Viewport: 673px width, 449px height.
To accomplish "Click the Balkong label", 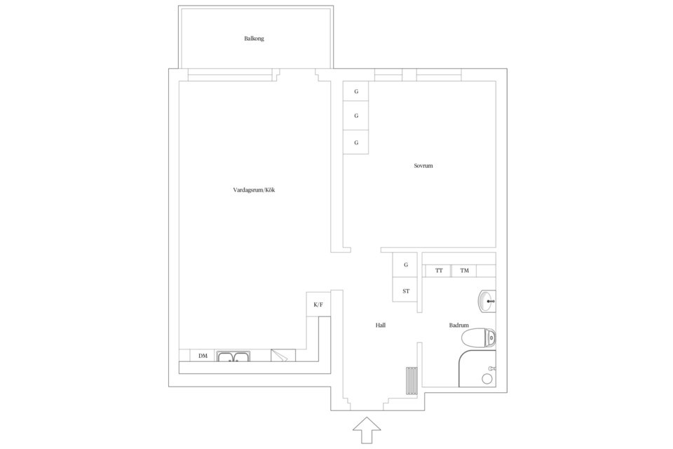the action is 254,39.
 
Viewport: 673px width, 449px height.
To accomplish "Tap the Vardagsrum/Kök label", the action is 254,190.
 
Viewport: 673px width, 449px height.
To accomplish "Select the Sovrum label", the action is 423,166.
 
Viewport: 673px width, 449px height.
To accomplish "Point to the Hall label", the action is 380,326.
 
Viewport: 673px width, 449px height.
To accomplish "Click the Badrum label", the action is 458,326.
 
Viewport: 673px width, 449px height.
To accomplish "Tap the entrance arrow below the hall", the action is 367,429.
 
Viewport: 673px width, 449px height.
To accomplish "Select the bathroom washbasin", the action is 487,302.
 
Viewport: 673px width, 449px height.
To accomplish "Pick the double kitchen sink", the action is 233,356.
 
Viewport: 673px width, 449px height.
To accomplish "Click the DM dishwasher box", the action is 203,356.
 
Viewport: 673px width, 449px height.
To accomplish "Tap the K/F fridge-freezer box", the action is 318,304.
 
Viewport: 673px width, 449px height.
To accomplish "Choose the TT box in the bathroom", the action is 438,271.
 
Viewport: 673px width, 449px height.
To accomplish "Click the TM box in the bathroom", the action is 464,271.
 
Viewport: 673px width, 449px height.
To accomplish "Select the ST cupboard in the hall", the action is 406,291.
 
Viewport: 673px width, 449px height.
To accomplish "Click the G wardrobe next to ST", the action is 406,265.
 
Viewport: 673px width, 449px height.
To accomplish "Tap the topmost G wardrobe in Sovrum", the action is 356,91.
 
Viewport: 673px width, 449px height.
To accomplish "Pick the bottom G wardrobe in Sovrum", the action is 356,142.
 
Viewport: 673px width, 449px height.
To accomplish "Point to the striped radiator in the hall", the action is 412,380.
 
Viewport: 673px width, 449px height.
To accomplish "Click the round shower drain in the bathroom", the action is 487,379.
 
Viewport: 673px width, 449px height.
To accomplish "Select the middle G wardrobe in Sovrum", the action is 356,116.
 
